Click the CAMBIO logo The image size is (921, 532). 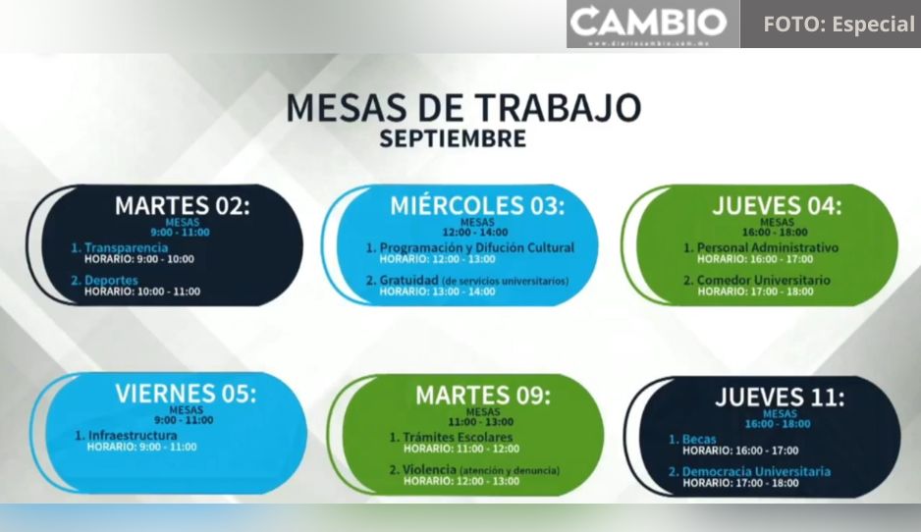click(x=648, y=24)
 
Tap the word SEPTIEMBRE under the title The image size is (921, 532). click(x=453, y=138)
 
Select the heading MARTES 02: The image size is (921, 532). click(x=182, y=206)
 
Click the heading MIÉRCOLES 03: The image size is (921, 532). click(x=477, y=206)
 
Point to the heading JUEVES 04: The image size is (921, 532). click(x=777, y=206)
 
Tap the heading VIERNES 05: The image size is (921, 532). click(x=186, y=394)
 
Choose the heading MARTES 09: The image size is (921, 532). click(x=483, y=396)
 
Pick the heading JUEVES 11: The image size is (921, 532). click(x=780, y=398)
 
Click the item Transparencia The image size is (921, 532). click(x=126, y=247)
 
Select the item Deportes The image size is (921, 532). click(x=111, y=280)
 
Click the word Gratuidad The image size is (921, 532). click(x=408, y=280)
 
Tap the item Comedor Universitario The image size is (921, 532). click(x=764, y=280)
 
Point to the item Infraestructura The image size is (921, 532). click(x=133, y=436)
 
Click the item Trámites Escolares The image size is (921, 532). click(x=458, y=438)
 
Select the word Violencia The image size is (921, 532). click(x=429, y=470)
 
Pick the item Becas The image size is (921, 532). click(x=699, y=439)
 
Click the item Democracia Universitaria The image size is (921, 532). click(x=756, y=471)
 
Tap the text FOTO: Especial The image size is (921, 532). click(x=839, y=25)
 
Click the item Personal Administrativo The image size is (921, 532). click(x=768, y=247)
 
